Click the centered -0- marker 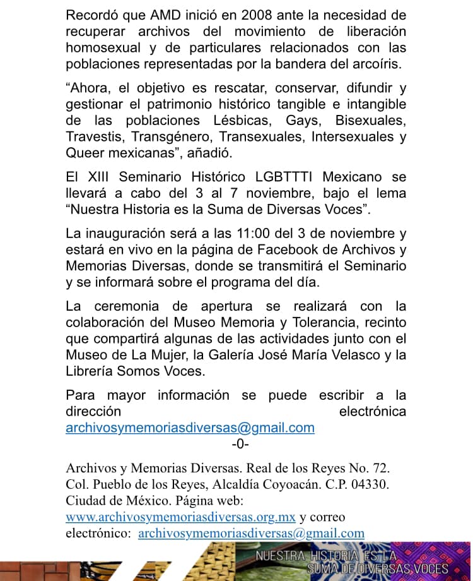tap(240, 444)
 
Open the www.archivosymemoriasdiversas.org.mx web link tap(180, 517)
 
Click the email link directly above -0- tap(190, 428)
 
